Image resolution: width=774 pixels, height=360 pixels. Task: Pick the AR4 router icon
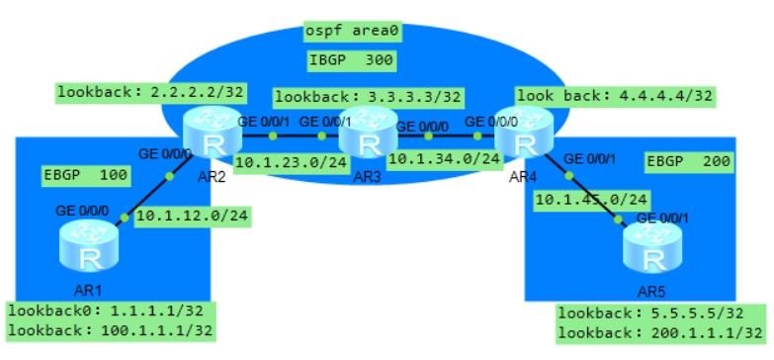[x=519, y=138]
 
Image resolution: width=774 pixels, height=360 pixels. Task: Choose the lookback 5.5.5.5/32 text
[x=652, y=314]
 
